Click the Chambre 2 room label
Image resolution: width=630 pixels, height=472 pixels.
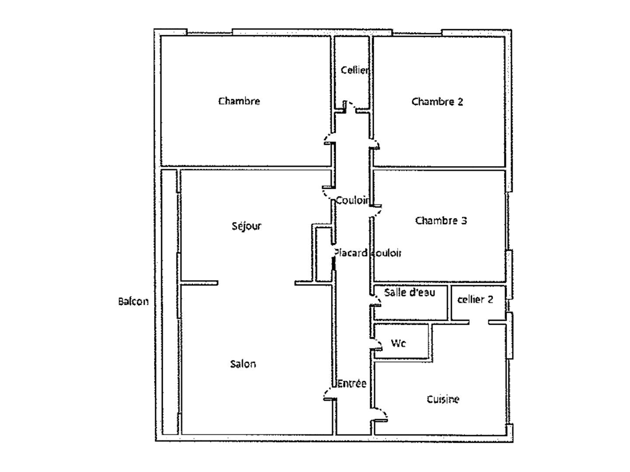tap(437, 101)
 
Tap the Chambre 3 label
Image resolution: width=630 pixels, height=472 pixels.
tap(441, 220)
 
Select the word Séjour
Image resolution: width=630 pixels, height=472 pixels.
tap(247, 226)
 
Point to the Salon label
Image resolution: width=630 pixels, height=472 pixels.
tap(243, 364)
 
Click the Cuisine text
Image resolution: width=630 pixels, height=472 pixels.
tap(443, 399)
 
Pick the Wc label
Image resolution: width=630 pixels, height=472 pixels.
tap(398, 343)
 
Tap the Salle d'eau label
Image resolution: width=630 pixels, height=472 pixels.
tap(410, 292)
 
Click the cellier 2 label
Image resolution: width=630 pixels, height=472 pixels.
tap(475, 299)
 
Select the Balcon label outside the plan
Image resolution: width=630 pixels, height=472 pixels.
tap(133, 301)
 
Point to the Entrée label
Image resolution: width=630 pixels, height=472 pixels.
tap(352, 384)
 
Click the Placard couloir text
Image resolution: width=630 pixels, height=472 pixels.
tap(367, 253)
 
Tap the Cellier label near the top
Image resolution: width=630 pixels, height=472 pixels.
tap(355, 70)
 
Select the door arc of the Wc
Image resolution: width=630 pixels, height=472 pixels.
tap(377, 344)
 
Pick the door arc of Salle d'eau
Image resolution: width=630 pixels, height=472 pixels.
tap(376, 301)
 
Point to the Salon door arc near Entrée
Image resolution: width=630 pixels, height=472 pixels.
tap(328, 394)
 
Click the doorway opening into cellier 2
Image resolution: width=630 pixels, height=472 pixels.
tap(479, 323)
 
